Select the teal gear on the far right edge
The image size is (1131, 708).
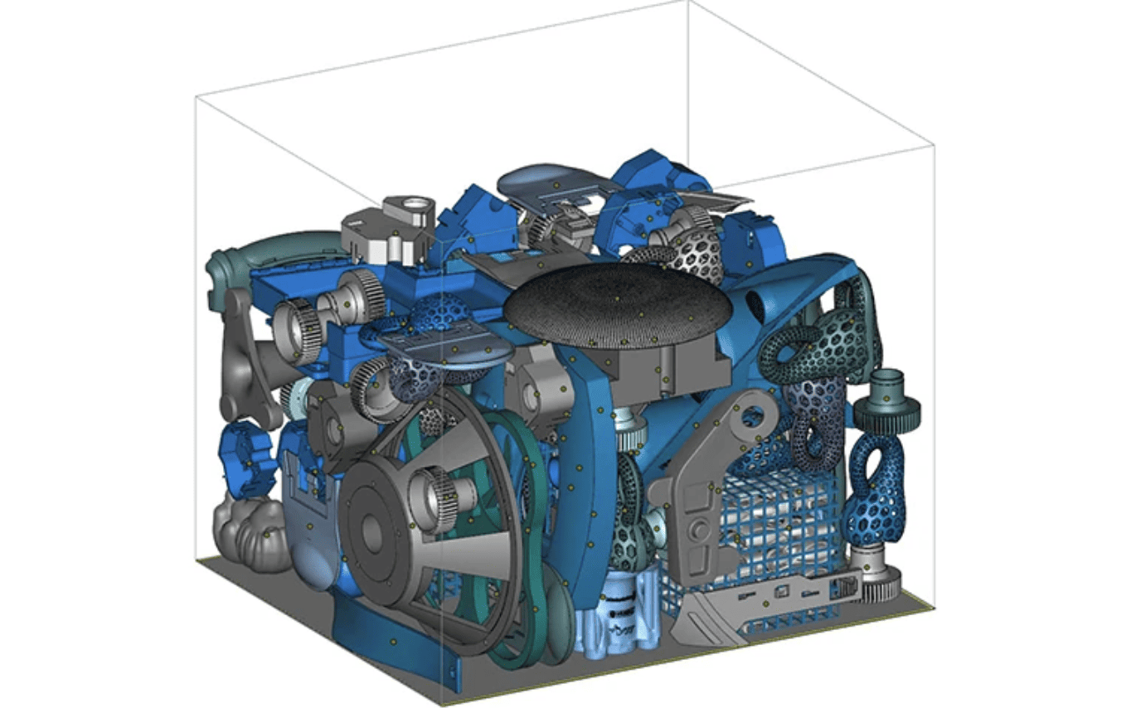[x=887, y=405]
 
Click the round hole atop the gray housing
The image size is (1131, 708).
[x=415, y=204]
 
